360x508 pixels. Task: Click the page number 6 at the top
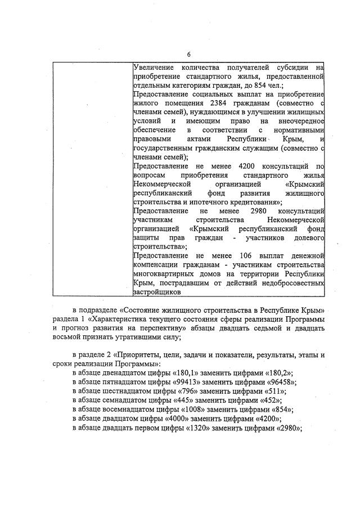click(188, 54)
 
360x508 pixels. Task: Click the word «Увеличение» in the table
click(153, 68)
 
